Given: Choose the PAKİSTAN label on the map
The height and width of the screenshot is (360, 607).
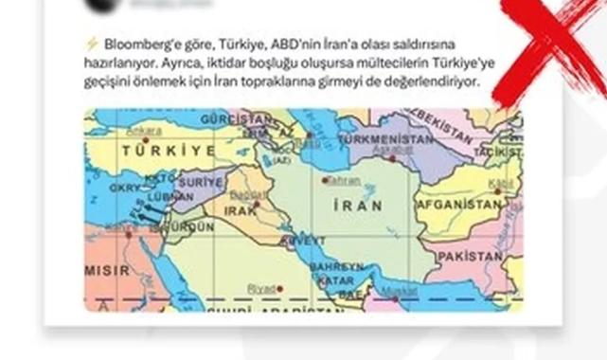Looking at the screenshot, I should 469,257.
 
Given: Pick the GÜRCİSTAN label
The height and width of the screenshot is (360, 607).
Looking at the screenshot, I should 244,119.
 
